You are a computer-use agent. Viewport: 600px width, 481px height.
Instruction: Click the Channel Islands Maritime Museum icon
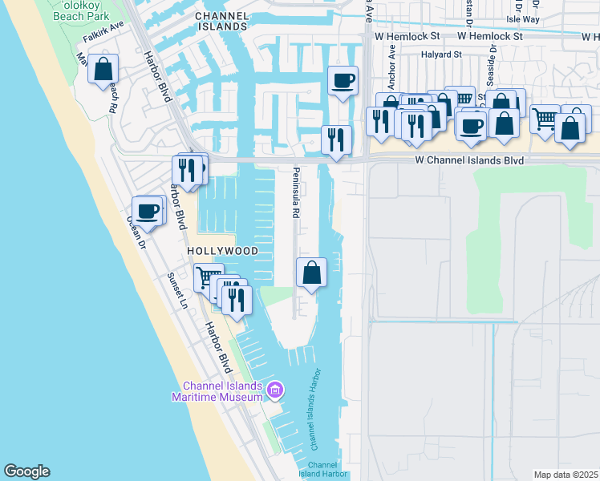(x=275, y=390)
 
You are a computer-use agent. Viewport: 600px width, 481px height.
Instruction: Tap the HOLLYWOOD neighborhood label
(x=223, y=251)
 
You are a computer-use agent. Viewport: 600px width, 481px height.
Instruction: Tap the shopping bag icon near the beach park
(x=103, y=69)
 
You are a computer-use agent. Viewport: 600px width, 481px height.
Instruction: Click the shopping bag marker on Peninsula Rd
(x=312, y=273)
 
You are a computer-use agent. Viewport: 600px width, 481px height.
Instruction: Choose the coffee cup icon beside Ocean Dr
(x=147, y=211)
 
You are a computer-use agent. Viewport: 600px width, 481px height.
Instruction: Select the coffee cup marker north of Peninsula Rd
(x=343, y=80)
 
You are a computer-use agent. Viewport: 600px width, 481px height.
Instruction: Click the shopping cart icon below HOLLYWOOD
(x=208, y=278)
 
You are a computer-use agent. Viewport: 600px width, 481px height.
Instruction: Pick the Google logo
(x=26, y=471)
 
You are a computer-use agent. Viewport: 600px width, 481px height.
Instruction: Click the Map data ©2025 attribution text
(x=565, y=475)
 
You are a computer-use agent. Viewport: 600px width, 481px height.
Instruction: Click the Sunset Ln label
(x=176, y=290)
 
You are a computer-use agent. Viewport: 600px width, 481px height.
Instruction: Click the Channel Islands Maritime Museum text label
(x=217, y=390)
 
